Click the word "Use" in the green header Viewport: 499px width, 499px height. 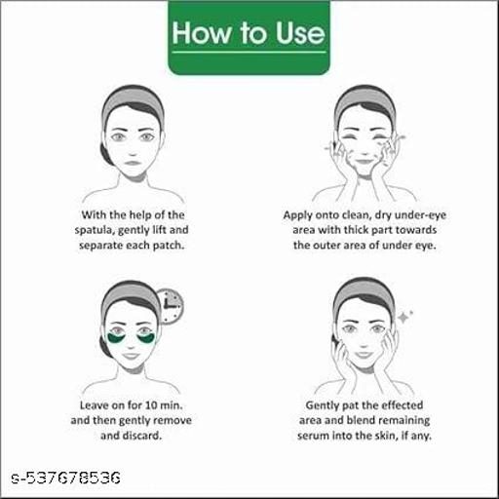[300, 33]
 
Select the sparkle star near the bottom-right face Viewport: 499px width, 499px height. [404, 317]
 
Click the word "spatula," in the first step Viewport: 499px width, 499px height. [95, 231]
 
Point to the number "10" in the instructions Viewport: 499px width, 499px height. [151, 405]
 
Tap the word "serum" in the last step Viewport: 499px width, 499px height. [313, 436]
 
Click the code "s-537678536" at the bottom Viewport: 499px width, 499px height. [65, 478]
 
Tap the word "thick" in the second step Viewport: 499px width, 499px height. [356, 230]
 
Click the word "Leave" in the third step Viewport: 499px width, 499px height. [95, 405]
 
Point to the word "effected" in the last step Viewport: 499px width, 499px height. [403, 405]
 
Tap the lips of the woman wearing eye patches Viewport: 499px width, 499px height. [131, 356]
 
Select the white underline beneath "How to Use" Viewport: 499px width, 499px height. [249, 52]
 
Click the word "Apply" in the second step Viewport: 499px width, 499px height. [297, 215]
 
